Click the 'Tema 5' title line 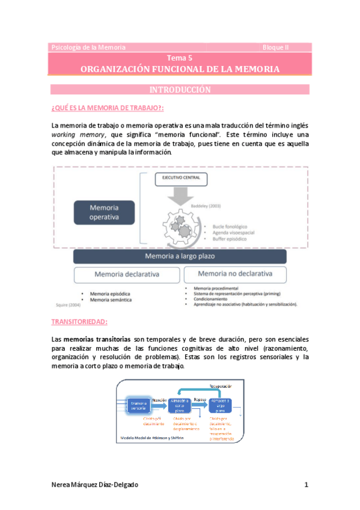pos(180,58)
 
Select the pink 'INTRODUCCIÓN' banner pos(180,90)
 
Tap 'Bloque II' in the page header pos(276,47)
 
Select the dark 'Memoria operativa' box pos(104,212)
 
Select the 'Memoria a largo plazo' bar pos(180,256)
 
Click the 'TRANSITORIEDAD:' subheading pos(79,322)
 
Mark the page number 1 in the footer pos(306,485)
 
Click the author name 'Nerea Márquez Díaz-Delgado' pos(99,485)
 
